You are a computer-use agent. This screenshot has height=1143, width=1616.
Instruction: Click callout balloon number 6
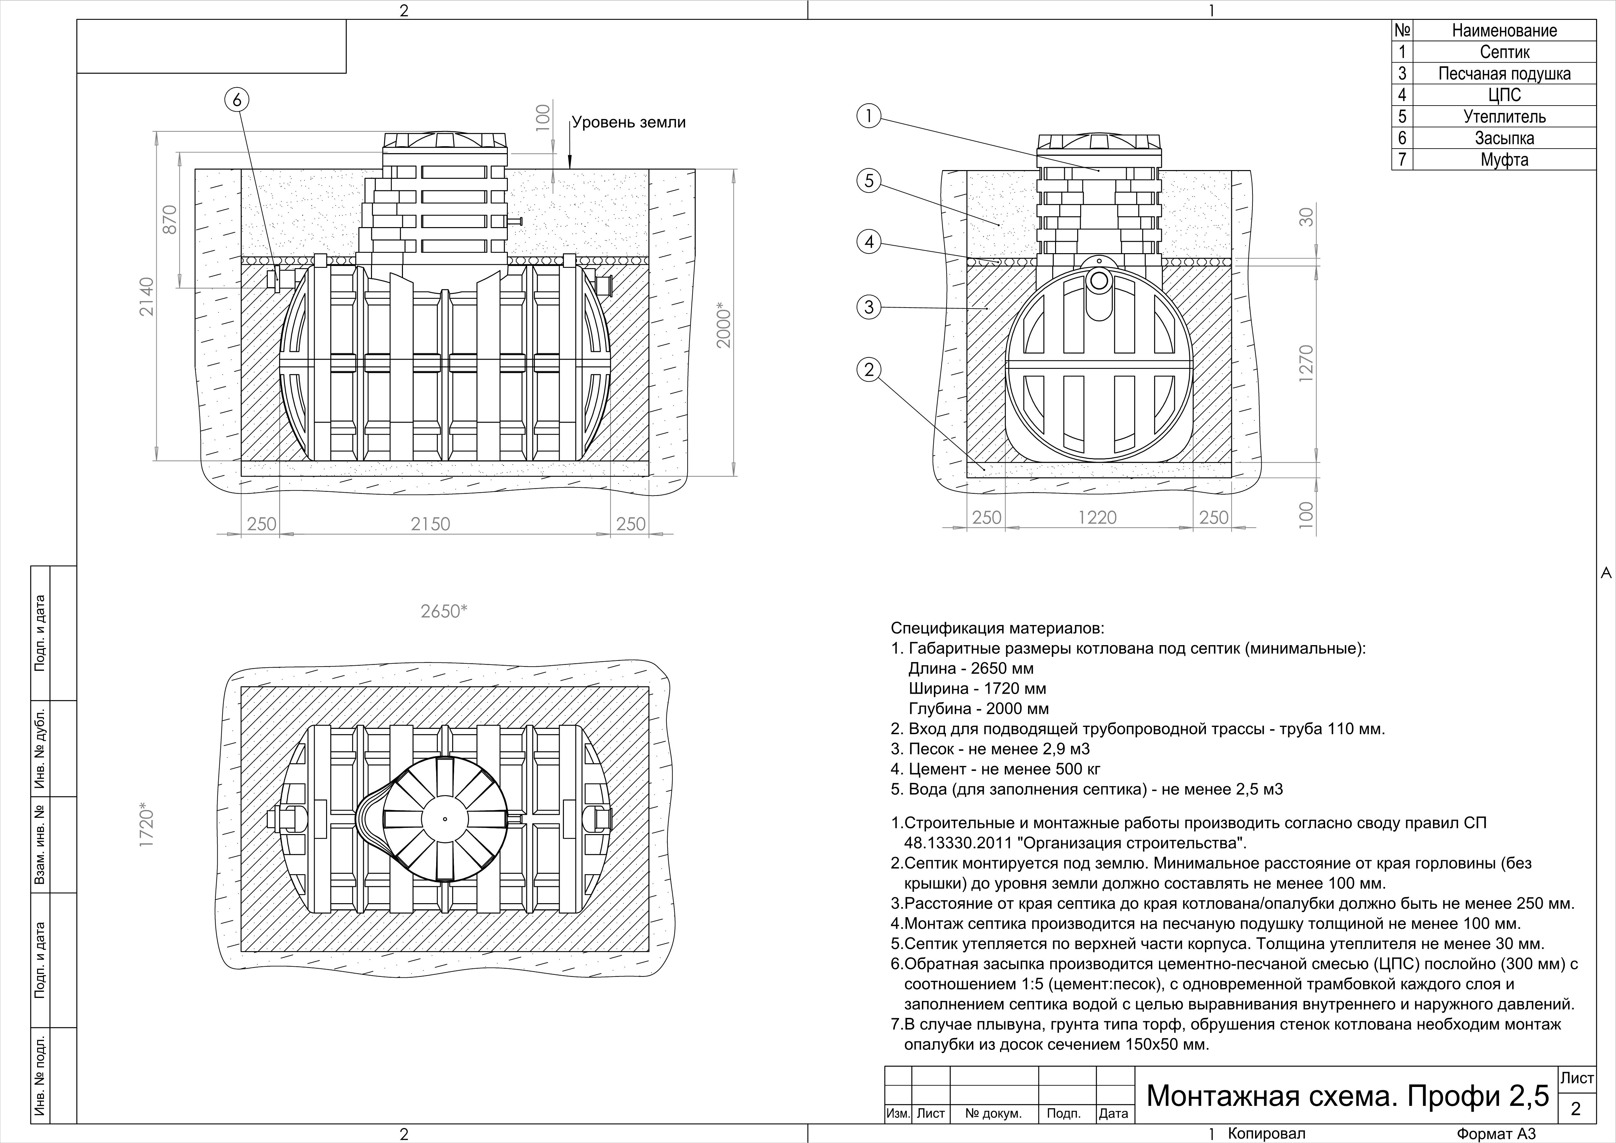(x=236, y=100)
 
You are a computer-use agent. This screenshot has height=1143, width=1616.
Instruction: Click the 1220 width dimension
(x=1097, y=518)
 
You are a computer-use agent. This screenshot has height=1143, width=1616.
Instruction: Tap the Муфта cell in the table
(x=1504, y=160)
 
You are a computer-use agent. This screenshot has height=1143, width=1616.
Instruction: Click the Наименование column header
(x=1504, y=30)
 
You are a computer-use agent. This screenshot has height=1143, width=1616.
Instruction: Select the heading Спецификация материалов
(x=997, y=628)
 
